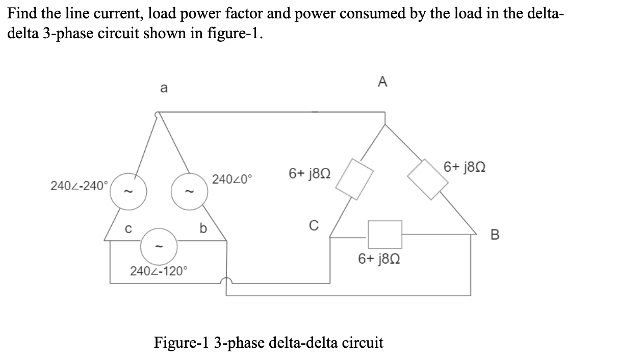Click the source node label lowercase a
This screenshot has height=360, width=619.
tap(163, 88)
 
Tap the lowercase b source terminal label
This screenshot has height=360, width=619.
tap(202, 229)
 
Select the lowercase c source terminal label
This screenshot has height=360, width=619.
tap(129, 229)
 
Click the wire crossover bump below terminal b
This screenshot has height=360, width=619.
tap(226, 281)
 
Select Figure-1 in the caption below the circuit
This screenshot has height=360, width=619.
tap(182, 342)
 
